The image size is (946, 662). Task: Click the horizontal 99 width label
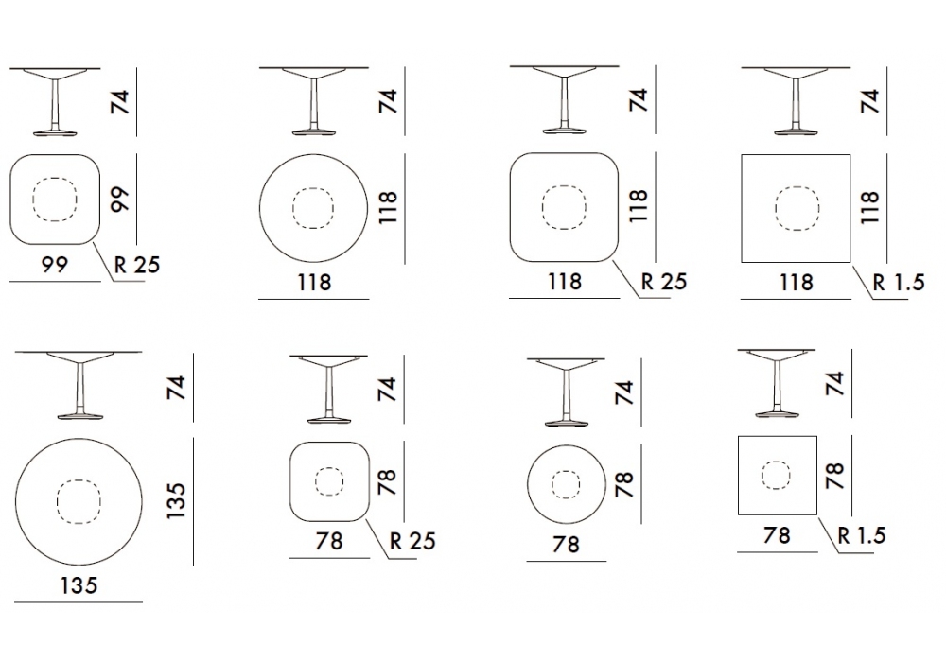pos(54,264)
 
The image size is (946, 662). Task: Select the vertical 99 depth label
pos(121,199)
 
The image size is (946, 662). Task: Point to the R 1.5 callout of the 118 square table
pos(899,282)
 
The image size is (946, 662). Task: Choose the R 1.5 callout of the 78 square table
pos(862,534)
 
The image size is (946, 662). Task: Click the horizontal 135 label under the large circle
pos(79,584)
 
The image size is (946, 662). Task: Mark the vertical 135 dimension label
pos(176,501)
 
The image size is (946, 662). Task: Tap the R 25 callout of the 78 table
pos(412,541)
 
